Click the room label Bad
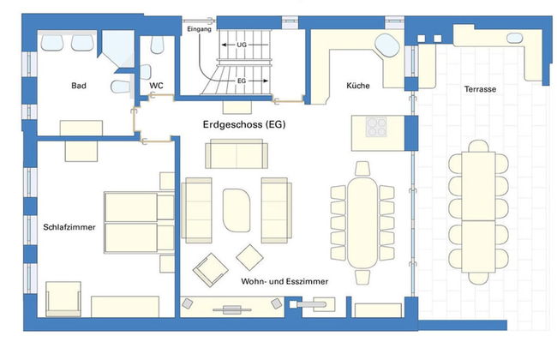[x=79, y=87]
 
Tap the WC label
[x=156, y=87]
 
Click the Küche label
[x=358, y=87]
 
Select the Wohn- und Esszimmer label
[x=284, y=281]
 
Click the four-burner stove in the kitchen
[x=378, y=128]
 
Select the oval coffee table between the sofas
[x=237, y=209]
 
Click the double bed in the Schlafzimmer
[x=130, y=222]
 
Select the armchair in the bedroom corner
[x=63, y=297]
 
